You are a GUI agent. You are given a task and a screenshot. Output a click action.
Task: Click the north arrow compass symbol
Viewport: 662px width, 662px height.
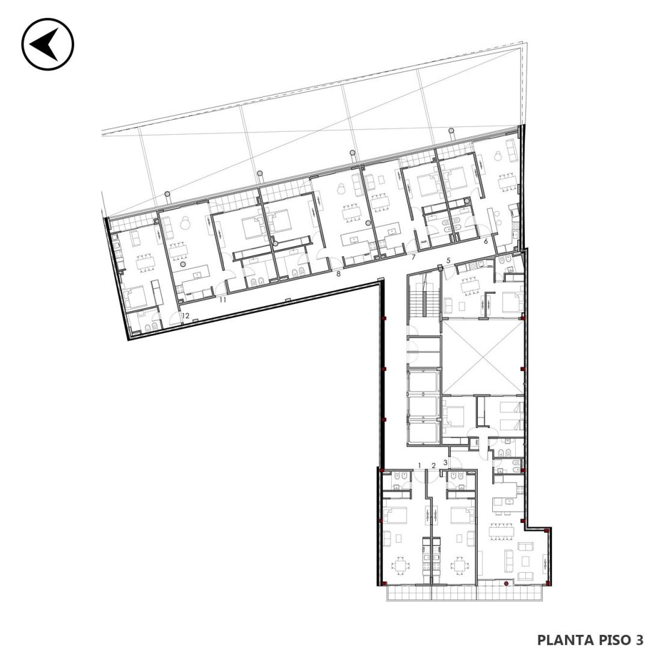[x=48, y=44]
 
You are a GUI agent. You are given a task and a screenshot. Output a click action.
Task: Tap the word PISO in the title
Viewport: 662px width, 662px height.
[x=614, y=640]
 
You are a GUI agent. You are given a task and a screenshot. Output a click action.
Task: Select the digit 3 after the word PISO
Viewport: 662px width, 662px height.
[x=639, y=640]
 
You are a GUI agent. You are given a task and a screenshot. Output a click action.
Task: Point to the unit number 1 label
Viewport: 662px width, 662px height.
[x=419, y=465]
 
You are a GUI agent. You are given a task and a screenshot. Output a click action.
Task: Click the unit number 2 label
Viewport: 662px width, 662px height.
[x=433, y=465]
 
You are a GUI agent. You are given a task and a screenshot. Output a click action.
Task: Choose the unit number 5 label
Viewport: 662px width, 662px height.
[x=449, y=261]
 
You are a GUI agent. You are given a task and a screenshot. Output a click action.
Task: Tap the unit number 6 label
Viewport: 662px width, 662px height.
[x=486, y=241]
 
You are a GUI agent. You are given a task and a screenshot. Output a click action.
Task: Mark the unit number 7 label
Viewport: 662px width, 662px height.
[x=414, y=257]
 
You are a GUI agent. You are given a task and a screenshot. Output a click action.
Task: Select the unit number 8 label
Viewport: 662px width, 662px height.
[x=338, y=274]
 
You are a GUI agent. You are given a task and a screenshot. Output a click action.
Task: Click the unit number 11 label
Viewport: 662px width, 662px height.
[x=223, y=300]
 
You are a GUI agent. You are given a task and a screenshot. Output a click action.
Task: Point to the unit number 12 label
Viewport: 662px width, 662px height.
[x=185, y=315]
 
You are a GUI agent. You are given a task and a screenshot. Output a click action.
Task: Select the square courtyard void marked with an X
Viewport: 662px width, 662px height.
[x=483, y=357]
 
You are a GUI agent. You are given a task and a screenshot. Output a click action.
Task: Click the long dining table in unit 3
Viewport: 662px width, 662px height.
[x=503, y=531]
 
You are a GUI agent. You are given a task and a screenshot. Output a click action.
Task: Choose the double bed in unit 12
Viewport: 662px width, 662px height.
[x=137, y=297]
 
